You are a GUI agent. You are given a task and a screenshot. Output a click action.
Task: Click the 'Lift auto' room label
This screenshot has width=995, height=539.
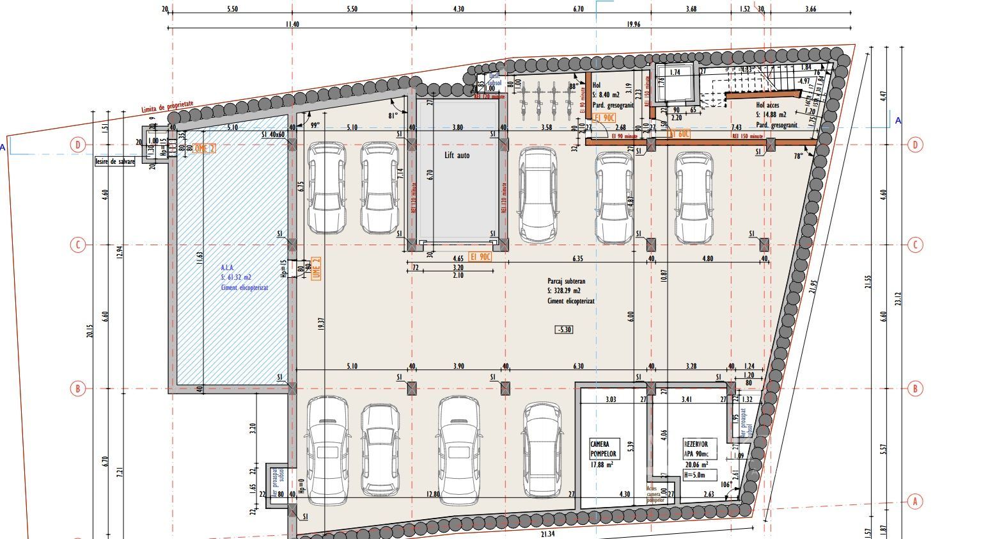(457, 155)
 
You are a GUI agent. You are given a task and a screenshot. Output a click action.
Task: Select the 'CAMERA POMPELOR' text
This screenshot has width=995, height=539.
(600, 448)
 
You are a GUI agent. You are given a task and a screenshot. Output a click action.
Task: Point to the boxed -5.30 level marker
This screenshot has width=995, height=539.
(564, 330)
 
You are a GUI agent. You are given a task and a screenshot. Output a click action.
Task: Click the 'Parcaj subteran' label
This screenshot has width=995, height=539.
(566, 281)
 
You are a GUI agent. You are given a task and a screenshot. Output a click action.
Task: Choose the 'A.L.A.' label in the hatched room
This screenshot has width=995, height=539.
(228, 268)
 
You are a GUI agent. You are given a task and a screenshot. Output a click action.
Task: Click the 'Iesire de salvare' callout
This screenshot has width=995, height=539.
(114, 162)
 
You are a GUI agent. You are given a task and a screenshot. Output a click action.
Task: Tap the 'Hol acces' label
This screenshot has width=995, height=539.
(767, 105)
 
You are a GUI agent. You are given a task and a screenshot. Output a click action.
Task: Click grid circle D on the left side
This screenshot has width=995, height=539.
(78, 145)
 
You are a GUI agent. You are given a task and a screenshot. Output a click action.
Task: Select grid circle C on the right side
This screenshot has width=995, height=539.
(915, 245)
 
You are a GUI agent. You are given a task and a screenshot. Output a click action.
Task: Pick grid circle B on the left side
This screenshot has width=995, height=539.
(78, 389)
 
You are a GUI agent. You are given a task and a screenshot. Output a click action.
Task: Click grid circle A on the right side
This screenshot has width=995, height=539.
(915, 501)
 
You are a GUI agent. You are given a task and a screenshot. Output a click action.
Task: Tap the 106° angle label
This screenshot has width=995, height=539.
(725, 485)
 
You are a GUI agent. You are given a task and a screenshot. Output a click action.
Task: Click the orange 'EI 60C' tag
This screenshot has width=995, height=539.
(679, 134)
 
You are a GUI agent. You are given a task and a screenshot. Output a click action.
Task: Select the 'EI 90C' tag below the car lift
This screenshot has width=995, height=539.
(480, 257)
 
